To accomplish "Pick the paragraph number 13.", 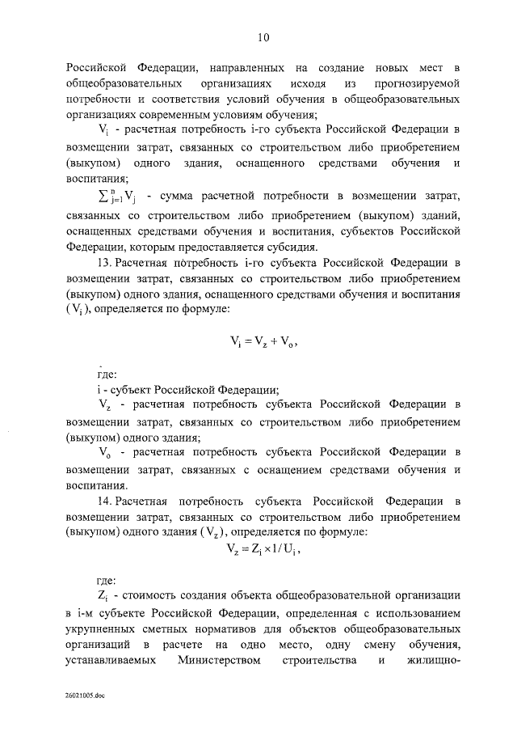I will pos(104,264).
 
